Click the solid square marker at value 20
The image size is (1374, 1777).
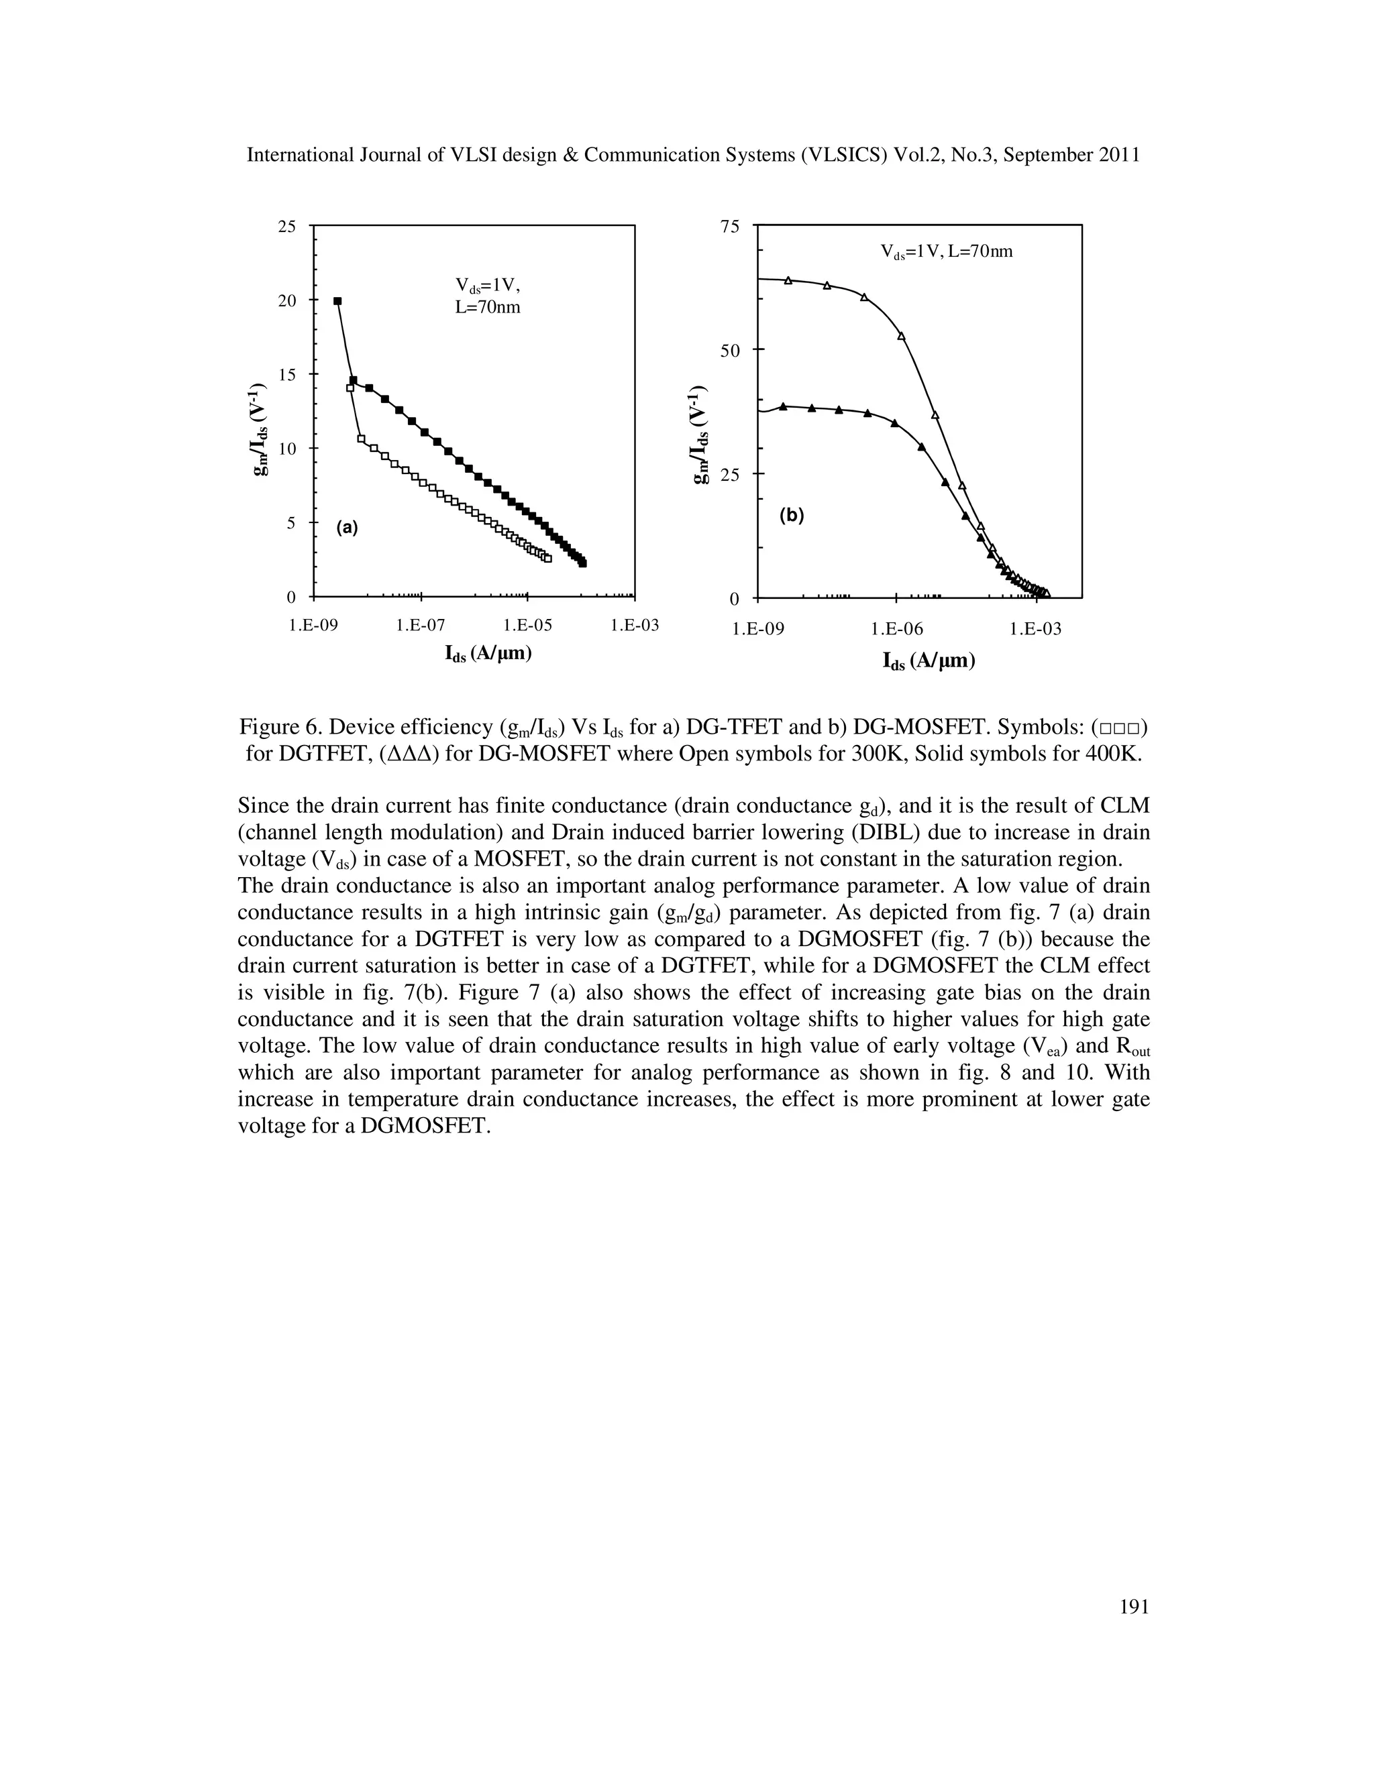pos(337,301)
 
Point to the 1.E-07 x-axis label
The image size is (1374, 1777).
pos(421,626)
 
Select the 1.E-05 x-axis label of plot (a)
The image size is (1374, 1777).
pos(527,626)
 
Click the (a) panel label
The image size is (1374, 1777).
pos(348,527)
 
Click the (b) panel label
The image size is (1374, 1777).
pos(791,515)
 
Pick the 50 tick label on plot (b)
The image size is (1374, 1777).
pos(730,351)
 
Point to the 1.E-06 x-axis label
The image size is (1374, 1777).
pos(896,629)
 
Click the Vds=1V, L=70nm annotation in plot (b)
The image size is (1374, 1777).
pos(947,251)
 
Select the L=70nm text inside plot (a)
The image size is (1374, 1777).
pos(487,308)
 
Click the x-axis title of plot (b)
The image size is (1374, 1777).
pos(929,661)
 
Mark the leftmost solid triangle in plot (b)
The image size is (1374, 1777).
pos(783,406)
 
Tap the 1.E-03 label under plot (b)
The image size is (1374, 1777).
pos(1035,629)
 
